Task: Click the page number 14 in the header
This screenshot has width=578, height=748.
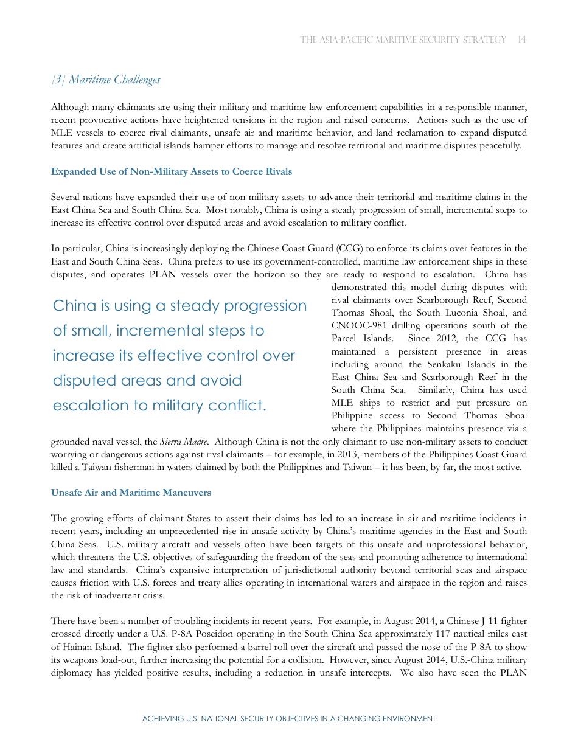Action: [522, 40]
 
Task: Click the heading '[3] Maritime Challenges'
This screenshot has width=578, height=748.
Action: [106, 80]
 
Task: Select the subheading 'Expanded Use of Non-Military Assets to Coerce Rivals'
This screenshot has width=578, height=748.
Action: [172, 171]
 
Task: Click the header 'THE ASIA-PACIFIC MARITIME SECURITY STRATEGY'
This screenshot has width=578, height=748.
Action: [403, 40]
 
